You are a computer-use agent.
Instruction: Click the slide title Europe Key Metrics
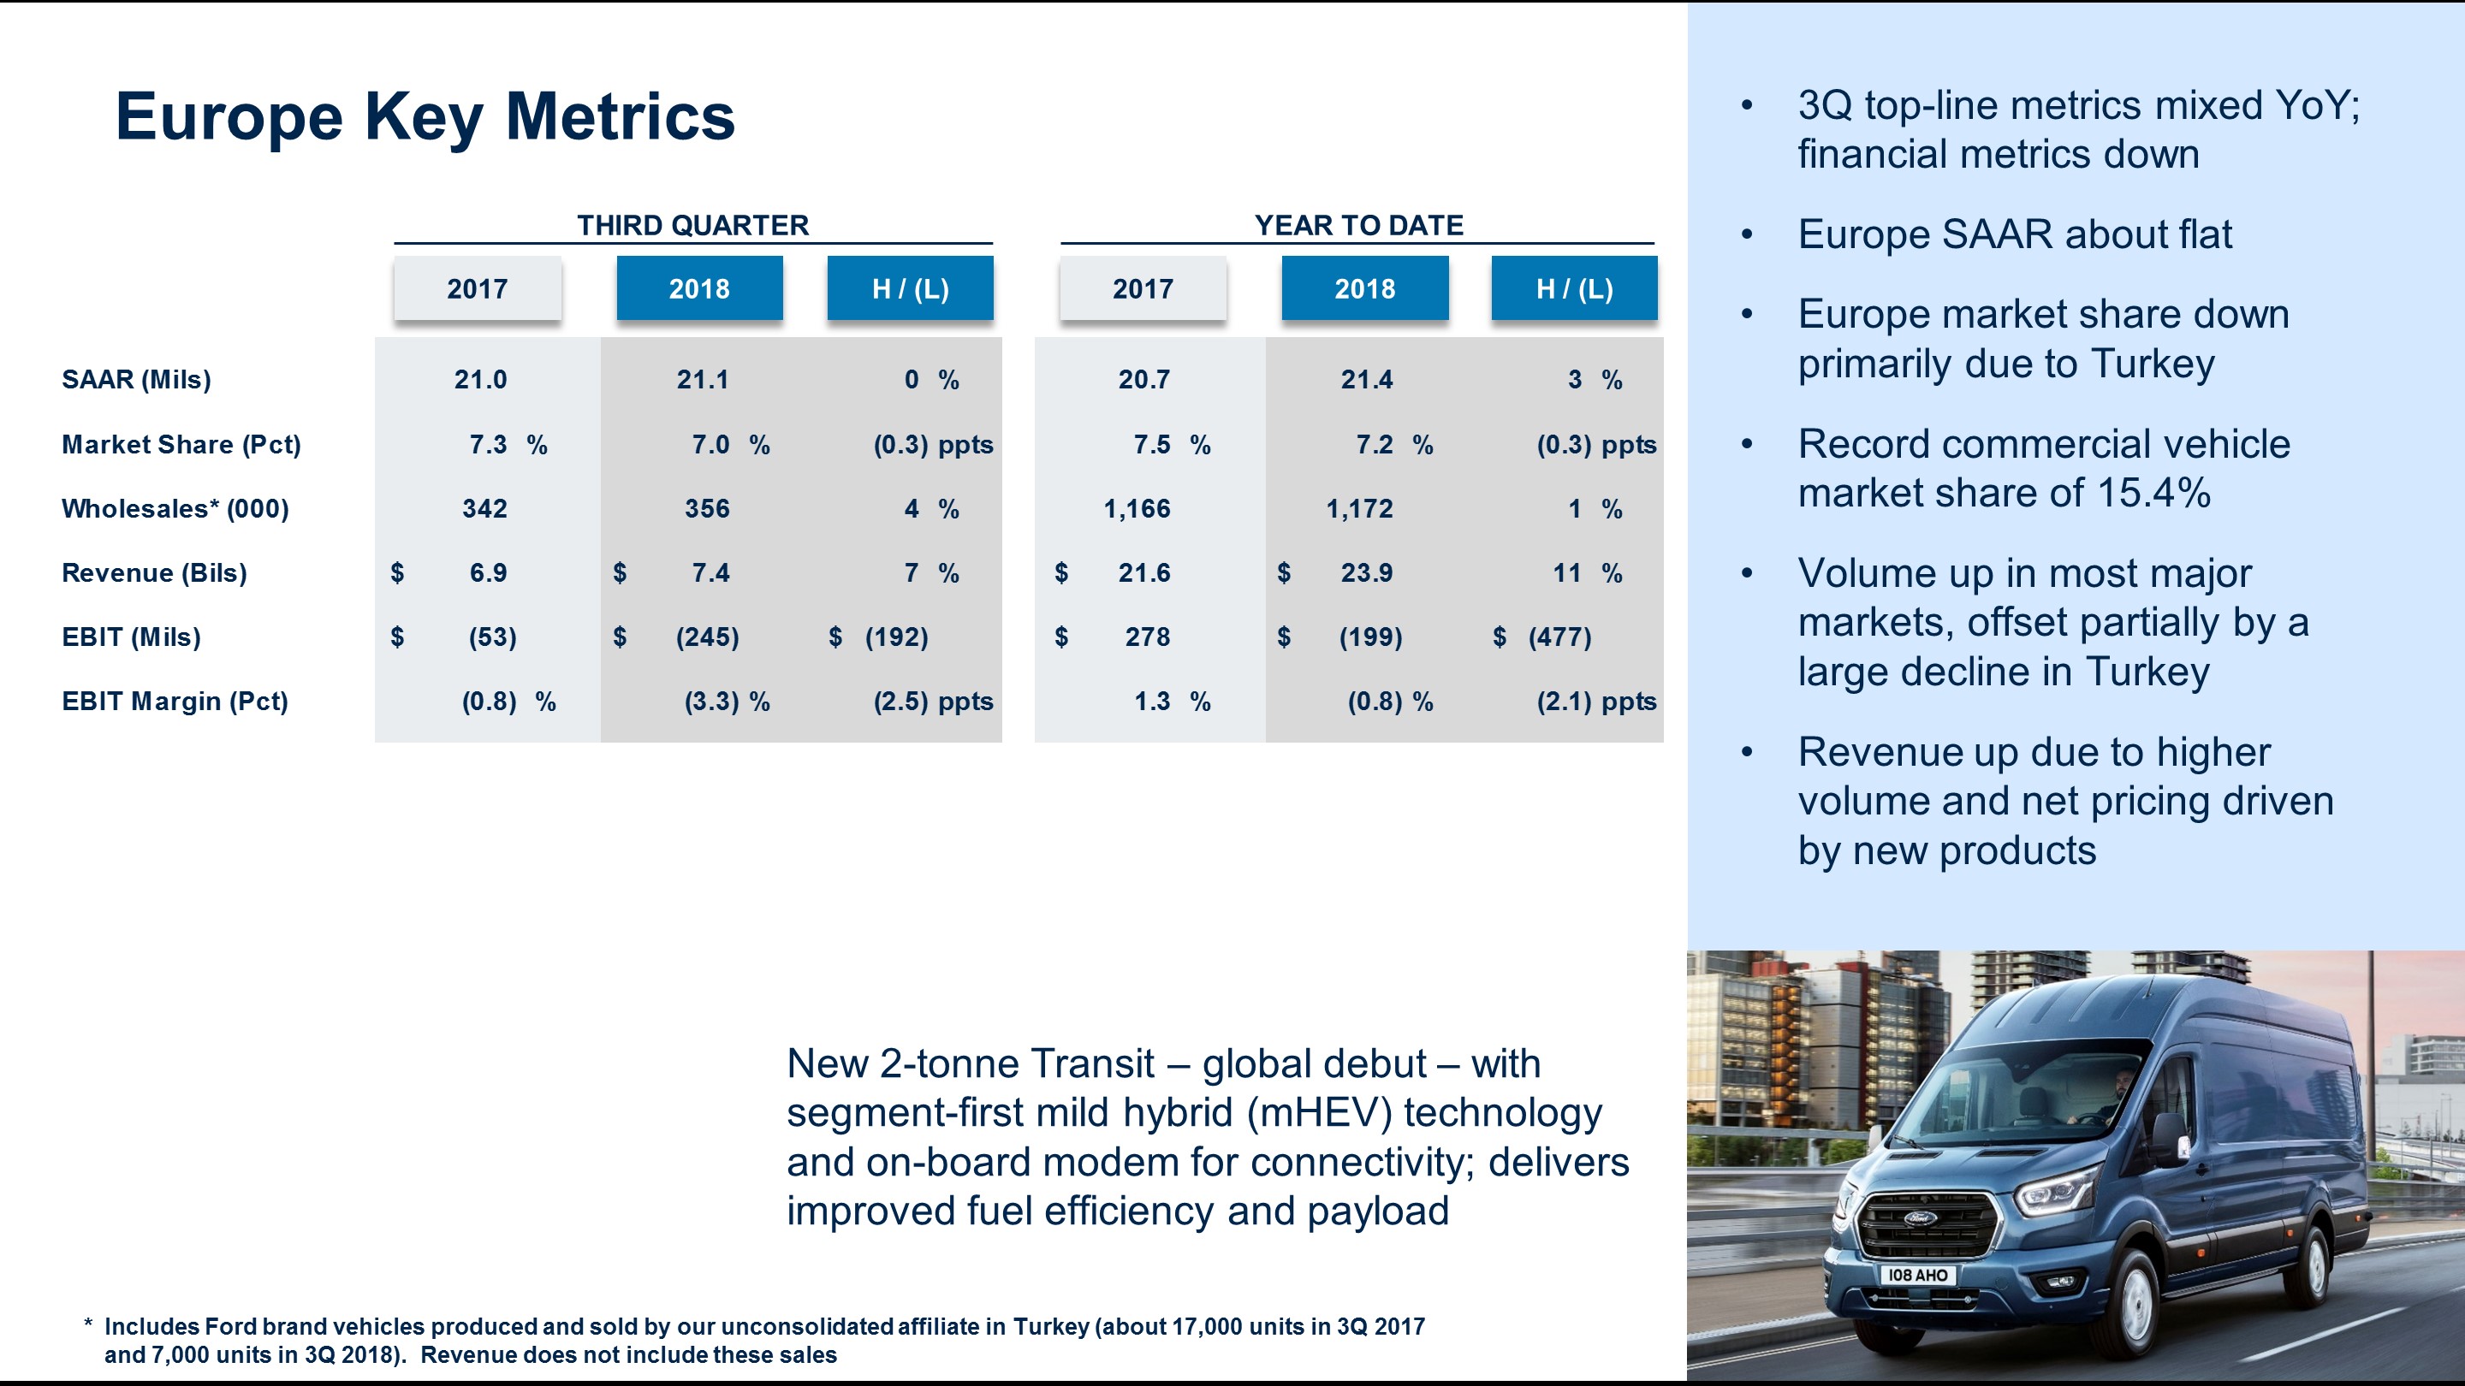point(425,116)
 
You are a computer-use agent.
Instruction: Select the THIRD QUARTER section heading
point(692,225)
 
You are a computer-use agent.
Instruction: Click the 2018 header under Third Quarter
point(698,288)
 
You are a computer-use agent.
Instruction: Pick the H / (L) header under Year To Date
point(1574,288)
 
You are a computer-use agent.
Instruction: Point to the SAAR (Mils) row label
point(136,380)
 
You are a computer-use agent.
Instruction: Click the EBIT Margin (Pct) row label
point(174,702)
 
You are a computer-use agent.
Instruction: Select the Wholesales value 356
point(706,509)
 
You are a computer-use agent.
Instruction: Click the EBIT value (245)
point(706,637)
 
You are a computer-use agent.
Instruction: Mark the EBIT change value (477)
point(1559,637)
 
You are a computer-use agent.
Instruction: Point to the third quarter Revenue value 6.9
point(488,573)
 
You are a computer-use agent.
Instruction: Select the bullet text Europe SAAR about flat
point(2014,234)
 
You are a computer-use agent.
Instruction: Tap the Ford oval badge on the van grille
point(1920,1218)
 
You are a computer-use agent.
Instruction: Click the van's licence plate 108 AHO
point(1916,1275)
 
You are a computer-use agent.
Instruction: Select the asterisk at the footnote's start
point(88,1324)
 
